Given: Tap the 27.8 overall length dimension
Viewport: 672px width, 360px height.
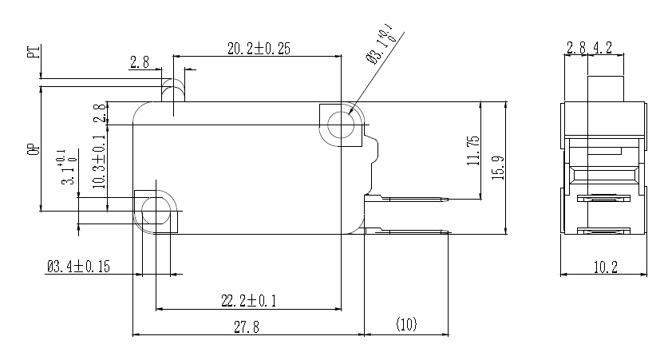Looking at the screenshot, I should click(245, 326).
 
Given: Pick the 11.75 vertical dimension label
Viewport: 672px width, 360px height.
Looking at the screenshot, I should click(472, 151).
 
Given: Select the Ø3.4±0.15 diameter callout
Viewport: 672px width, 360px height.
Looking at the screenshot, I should click(78, 267).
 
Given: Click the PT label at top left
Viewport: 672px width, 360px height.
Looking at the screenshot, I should click(33, 53).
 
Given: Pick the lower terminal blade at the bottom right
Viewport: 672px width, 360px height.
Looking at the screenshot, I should click(407, 231).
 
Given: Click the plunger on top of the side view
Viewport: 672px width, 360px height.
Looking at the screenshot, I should click(605, 88).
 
